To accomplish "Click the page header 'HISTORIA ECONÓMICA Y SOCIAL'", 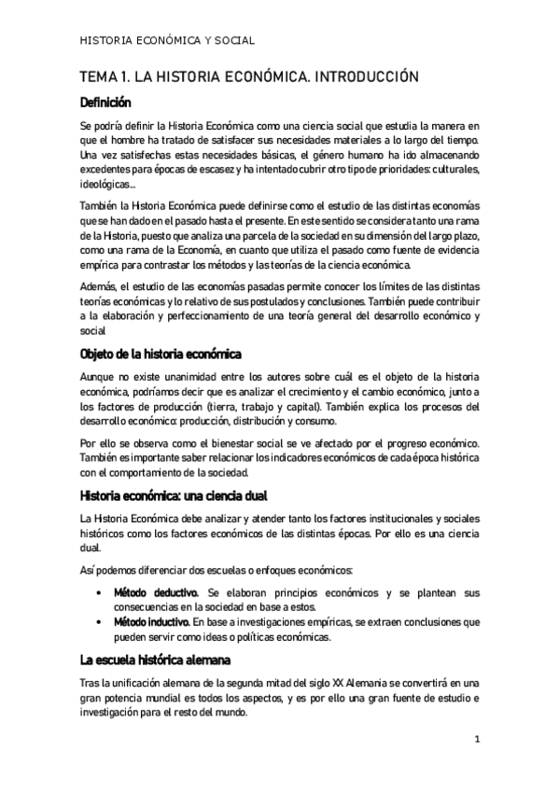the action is tap(169, 40).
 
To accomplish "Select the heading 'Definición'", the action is tap(105, 103).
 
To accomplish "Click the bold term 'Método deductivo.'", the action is tap(156, 592).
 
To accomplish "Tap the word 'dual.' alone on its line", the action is tap(92, 548).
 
